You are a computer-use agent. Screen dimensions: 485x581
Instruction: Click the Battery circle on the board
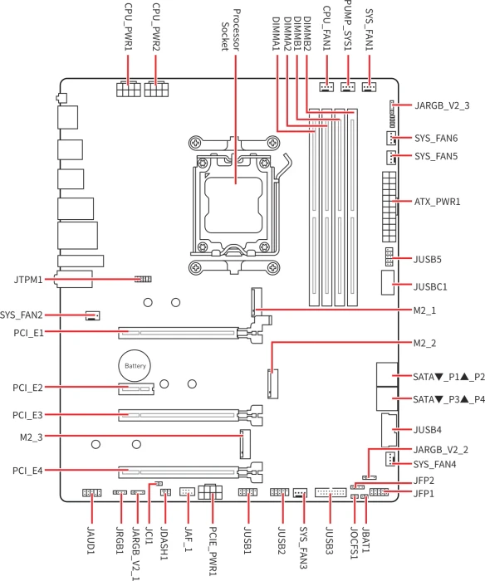click(x=135, y=366)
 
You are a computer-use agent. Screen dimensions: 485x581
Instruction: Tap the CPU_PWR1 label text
click(x=128, y=27)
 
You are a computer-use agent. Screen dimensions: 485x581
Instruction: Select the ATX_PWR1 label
click(x=437, y=202)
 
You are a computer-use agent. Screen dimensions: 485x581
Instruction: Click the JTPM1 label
click(x=28, y=280)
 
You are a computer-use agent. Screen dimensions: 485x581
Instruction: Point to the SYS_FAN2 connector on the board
click(x=92, y=315)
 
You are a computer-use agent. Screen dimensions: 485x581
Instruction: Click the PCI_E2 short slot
click(x=136, y=389)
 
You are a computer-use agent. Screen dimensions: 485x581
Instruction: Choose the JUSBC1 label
click(x=430, y=287)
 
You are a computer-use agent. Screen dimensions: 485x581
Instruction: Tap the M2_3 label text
click(x=32, y=437)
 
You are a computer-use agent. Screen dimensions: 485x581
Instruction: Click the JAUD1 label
click(x=91, y=540)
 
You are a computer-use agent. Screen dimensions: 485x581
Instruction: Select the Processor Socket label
click(x=231, y=30)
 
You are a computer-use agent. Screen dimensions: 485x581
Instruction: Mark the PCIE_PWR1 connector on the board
click(x=211, y=491)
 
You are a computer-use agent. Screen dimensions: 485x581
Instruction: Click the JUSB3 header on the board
click(x=331, y=492)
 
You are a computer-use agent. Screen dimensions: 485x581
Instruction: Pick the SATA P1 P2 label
click(x=449, y=377)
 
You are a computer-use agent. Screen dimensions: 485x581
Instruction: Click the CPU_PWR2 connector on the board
click(x=156, y=89)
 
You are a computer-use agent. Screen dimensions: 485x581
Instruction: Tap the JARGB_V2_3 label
click(x=442, y=105)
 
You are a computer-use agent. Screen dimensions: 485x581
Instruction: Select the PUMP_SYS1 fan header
click(x=348, y=86)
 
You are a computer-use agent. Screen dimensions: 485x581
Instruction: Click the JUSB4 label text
click(x=428, y=430)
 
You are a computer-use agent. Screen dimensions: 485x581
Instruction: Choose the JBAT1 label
click(x=365, y=539)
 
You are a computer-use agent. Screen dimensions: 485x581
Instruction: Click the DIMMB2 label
click(x=307, y=33)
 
